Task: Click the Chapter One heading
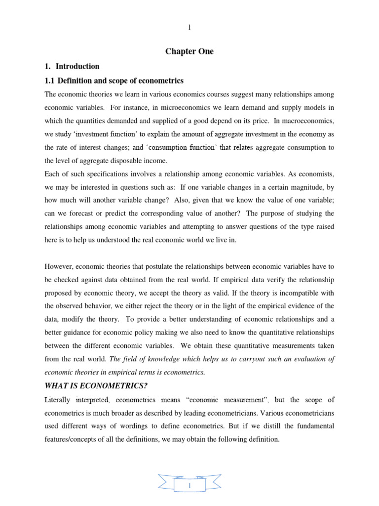tap(189, 52)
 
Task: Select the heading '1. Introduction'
tap(77, 66)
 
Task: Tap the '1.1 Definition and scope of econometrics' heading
tap(114, 81)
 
